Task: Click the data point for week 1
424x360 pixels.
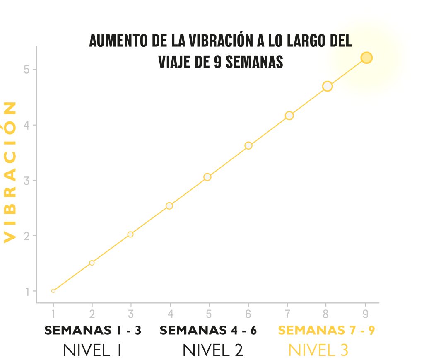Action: [x=53, y=291]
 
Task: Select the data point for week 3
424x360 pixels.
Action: [x=130, y=234]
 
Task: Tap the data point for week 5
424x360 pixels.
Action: [x=207, y=177]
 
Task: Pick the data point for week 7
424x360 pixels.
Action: [x=289, y=116]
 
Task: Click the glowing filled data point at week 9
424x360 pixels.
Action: [x=366, y=58]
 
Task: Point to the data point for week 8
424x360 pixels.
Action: [x=328, y=86]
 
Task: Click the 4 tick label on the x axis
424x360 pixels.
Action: [x=170, y=314]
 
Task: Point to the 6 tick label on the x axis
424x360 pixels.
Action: [x=248, y=314]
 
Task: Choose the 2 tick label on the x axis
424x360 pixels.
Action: [x=92, y=314]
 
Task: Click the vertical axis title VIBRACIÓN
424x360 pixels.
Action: [x=10, y=172]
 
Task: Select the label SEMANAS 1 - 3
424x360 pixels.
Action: [x=93, y=331]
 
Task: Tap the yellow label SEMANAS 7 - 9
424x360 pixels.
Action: [x=327, y=331]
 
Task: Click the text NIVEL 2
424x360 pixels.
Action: [x=213, y=350]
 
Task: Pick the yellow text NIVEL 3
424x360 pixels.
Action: [x=318, y=350]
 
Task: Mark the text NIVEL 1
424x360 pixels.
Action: [x=92, y=350]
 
